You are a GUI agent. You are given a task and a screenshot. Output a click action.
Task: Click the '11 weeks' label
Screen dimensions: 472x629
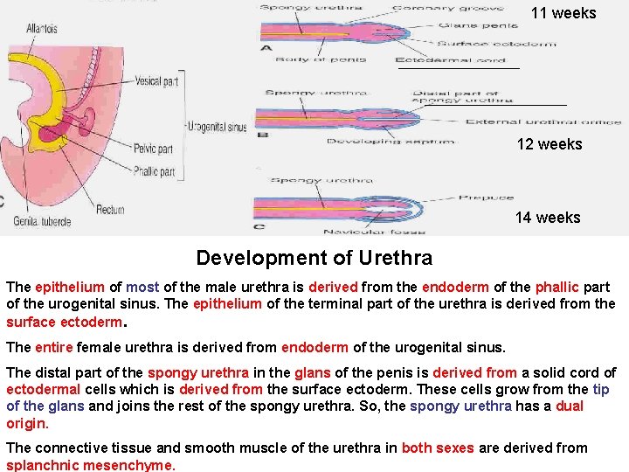click(563, 13)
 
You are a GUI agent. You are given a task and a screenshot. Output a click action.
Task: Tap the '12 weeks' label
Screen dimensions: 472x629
click(549, 144)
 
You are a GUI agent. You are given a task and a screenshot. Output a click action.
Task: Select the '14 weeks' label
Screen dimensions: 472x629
click(547, 218)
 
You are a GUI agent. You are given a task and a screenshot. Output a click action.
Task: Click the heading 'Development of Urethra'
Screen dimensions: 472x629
click(314, 258)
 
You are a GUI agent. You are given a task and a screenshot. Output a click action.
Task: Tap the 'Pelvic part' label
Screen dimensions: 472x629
click(153, 149)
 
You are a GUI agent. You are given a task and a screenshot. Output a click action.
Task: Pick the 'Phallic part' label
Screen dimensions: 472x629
click(154, 171)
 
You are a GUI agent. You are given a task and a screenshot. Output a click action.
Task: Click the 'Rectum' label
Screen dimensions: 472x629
click(111, 209)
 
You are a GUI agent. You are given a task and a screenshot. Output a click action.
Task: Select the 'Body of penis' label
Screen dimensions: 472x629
click(317, 59)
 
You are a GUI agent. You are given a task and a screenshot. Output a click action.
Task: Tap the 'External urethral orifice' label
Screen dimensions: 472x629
click(543, 122)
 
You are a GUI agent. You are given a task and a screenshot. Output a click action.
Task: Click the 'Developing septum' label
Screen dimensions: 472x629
click(370, 140)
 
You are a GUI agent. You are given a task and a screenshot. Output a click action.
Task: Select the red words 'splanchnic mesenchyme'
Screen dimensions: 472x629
click(91, 465)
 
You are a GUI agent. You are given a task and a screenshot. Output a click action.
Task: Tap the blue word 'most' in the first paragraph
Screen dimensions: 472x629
click(142, 287)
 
